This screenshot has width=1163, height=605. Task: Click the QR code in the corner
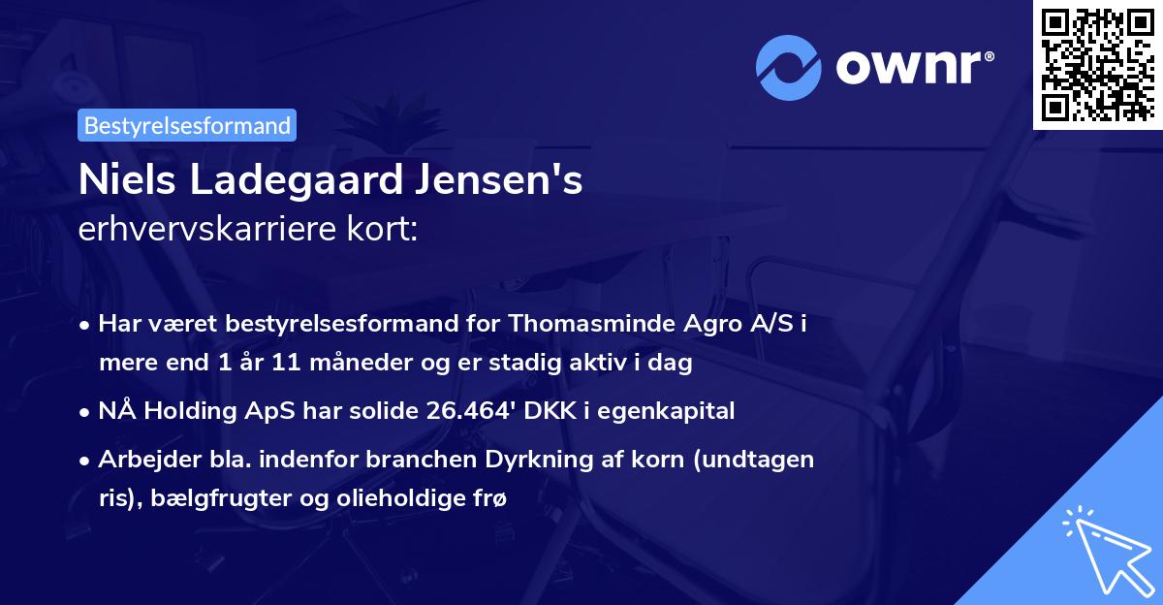[1098, 64]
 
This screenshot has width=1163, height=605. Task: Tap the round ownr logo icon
[788, 68]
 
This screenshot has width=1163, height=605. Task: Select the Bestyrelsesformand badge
[187, 125]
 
